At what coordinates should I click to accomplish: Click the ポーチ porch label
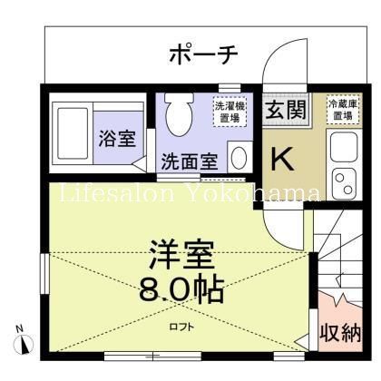click(203, 54)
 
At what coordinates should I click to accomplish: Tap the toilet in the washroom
click(179, 113)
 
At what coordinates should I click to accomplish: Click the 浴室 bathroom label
click(117, 139)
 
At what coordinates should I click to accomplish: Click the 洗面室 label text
click(190, 161)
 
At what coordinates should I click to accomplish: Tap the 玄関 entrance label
click(286, 110)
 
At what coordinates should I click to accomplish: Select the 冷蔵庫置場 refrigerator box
click(343, 110)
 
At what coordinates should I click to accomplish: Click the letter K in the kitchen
click(282, 159)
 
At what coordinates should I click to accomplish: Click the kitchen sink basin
click(344, 146)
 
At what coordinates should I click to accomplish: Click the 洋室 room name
click(181, 255)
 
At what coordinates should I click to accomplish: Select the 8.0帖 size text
click(181, 288)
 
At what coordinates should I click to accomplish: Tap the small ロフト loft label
click(181, 327)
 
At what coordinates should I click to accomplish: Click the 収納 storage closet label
click(341, 333)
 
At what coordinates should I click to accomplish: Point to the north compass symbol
click(23, 342)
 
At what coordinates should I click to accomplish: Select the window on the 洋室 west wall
click(44, 274)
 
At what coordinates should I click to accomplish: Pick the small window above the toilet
click(230, 88)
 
